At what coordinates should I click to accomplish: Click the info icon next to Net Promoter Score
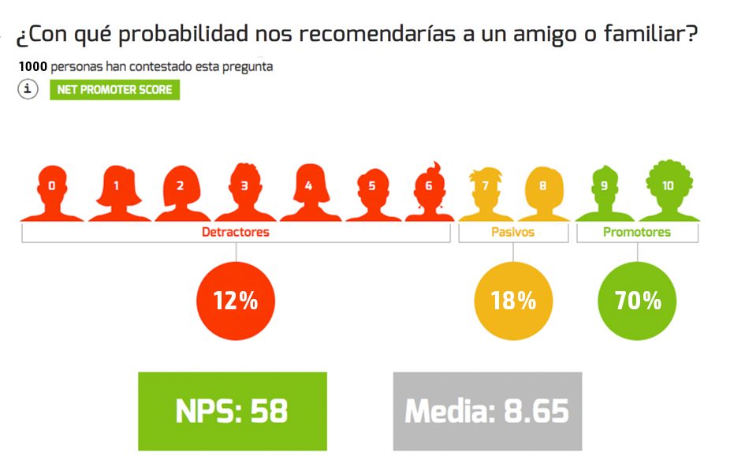(28, 89)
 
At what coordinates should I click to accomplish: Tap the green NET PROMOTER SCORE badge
(115, 90)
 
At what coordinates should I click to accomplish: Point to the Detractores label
(236, 232)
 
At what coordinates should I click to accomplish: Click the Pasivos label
(513, 232)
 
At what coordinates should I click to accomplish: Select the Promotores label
(637, 232)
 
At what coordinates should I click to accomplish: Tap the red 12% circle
(236, 301)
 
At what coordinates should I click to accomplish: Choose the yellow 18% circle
(513, 301)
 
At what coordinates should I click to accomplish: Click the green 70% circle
(639, 301)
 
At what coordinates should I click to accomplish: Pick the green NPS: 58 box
(233, 411)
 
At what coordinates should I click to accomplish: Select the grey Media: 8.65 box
(487, 411)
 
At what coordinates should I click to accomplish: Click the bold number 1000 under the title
(32, 67)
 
